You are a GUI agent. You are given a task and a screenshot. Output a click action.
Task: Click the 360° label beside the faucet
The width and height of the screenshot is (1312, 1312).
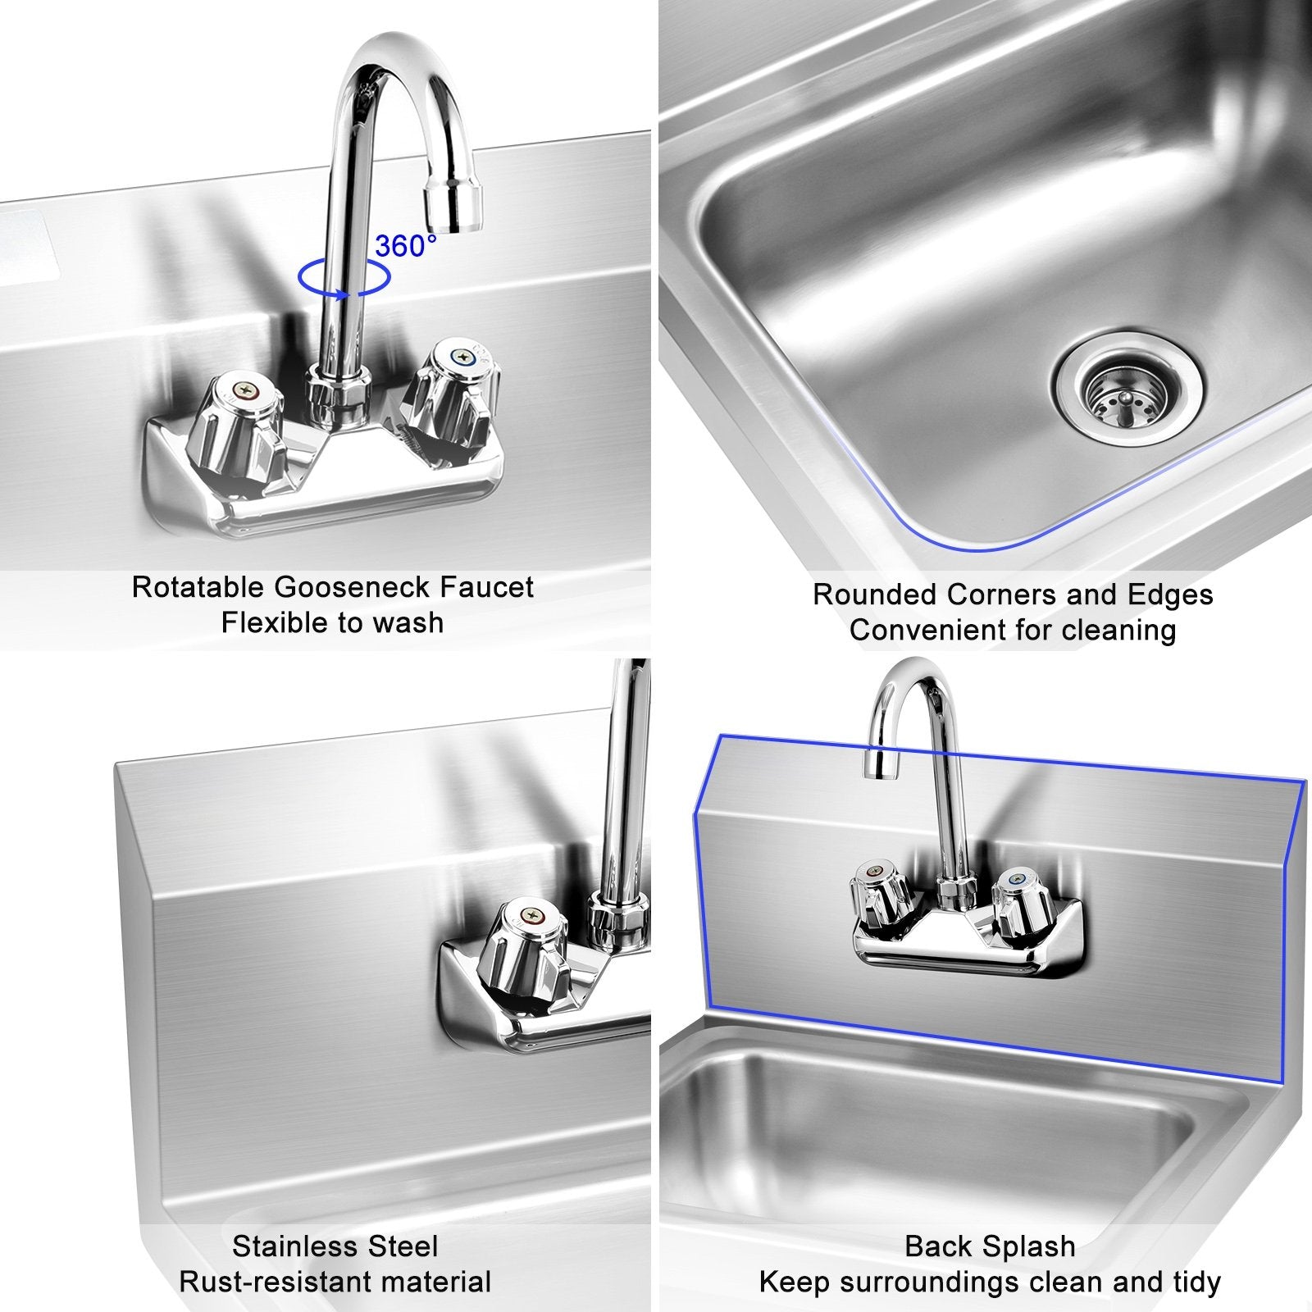pos(405,245)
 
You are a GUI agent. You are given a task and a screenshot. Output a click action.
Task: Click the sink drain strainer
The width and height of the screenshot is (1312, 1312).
pos(1127,386)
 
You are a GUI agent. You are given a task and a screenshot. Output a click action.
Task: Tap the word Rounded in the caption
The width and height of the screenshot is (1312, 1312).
pos(875,594)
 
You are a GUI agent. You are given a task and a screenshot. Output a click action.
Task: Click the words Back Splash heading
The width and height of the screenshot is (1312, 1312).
pos(990,1246)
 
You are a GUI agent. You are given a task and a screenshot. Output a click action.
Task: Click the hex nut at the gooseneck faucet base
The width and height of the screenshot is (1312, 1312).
pos(337,394)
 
